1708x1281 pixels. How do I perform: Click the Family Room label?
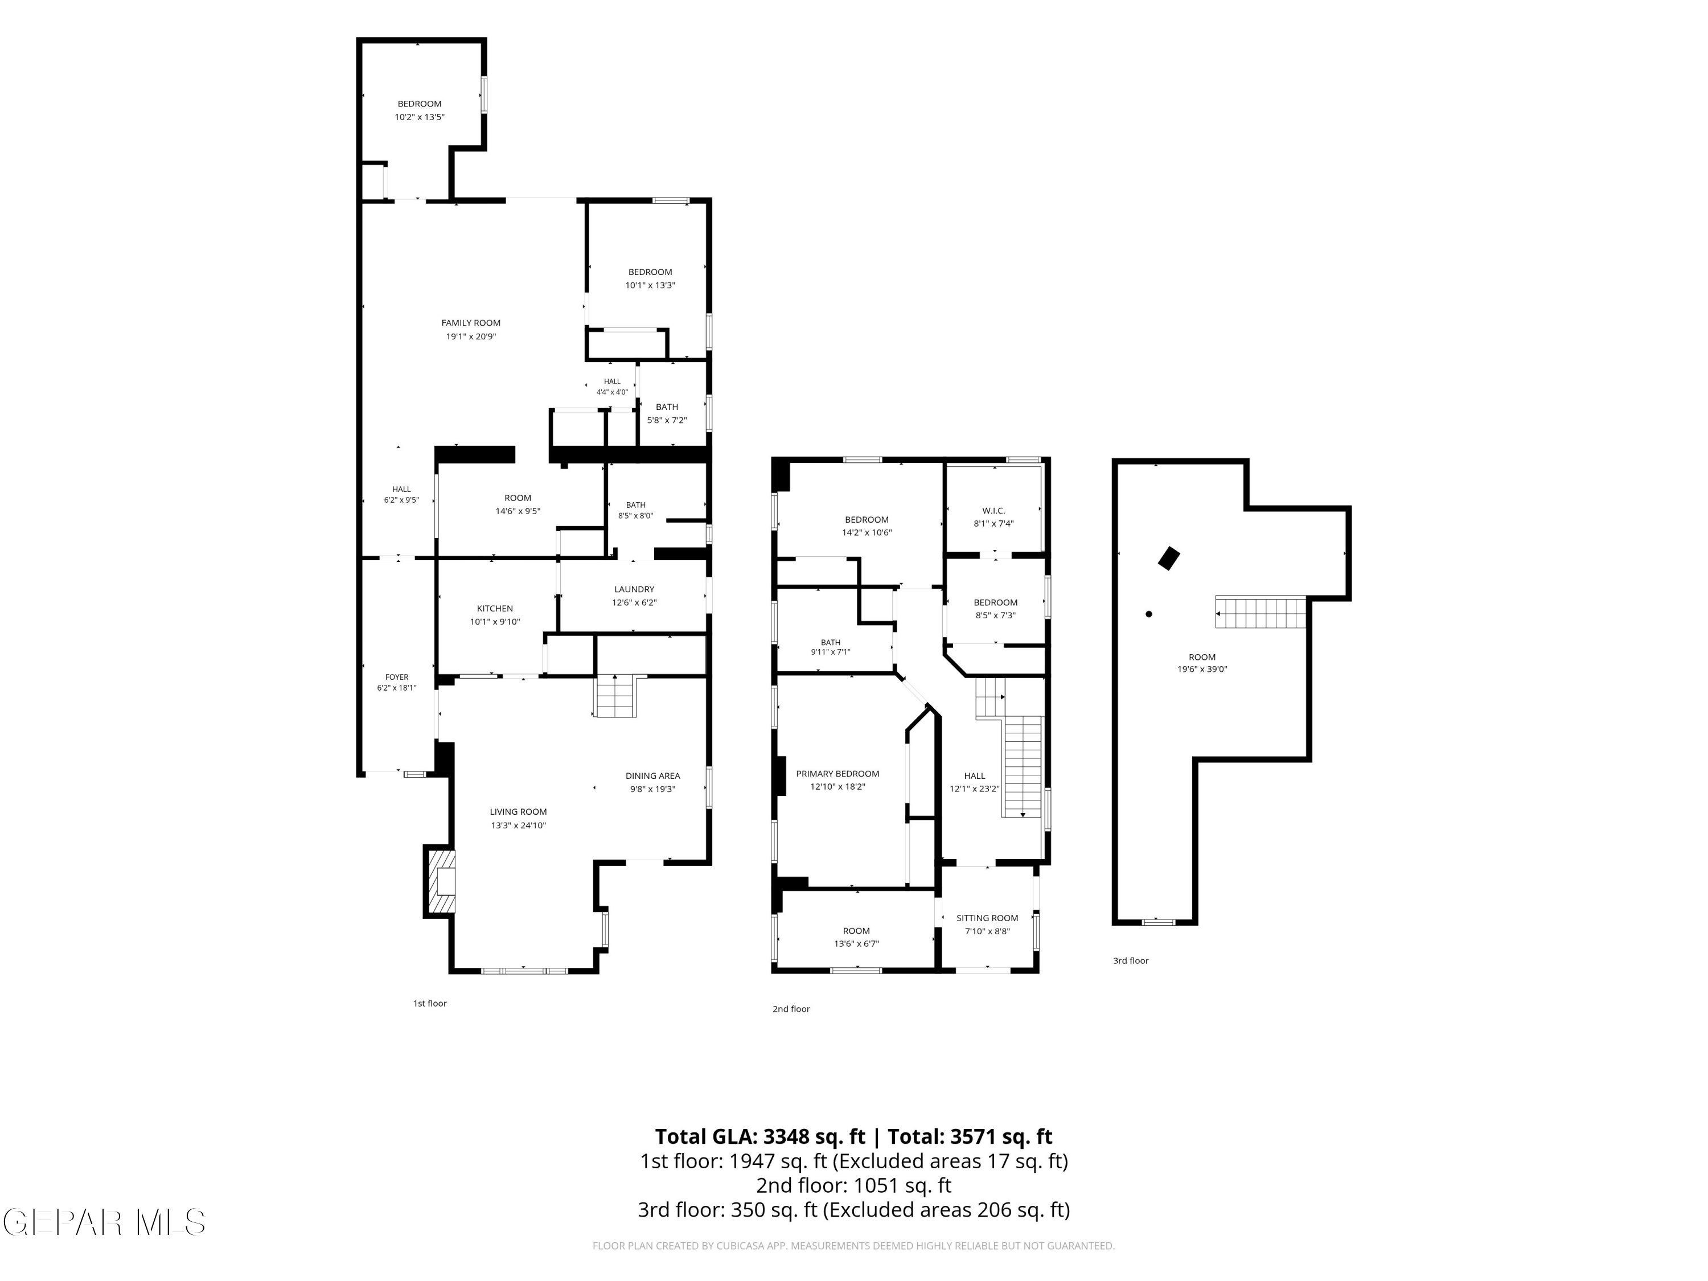point(471,323)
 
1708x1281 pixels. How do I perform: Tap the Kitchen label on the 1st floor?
point(495,609)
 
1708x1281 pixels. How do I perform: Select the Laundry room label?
point(634,589)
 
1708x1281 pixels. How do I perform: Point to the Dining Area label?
point(652,776)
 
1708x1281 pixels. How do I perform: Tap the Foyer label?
point(397,677)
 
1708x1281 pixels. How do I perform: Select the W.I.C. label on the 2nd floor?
point(993,510)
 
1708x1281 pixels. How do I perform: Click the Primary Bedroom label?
point(838,774)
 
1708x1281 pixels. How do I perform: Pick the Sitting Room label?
point(987,918)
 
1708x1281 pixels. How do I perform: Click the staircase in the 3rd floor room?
point(1260,611)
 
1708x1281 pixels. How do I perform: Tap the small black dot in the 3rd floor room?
point(1149,614)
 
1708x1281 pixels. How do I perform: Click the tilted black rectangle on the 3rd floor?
point(1169,559)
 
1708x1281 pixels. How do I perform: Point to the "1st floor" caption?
point(430,1003)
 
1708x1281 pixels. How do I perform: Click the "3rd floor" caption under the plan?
point(1131,960)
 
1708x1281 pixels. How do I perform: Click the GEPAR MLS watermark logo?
point(104,1222)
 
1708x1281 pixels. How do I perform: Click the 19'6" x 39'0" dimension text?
point(1202,670)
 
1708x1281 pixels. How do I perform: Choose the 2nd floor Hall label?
point(975,776)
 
